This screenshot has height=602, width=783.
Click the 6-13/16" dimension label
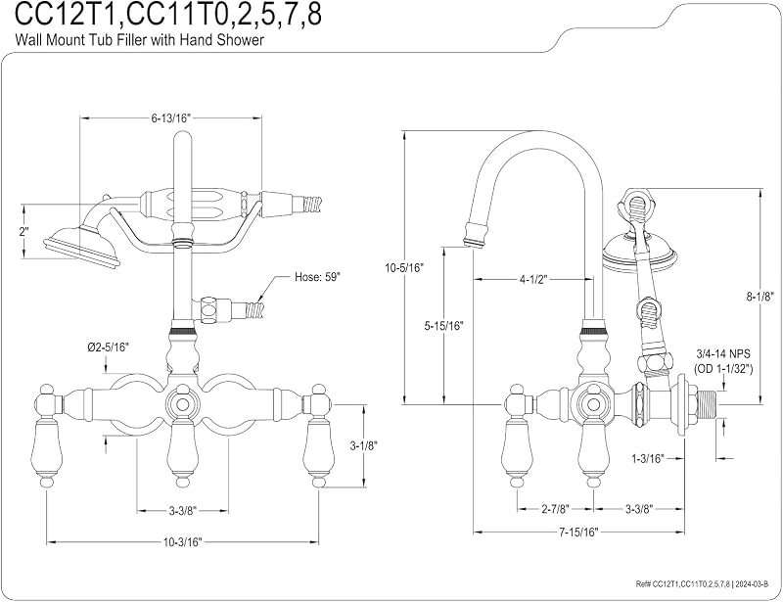point(171,117)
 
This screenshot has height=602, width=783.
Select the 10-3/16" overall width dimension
point(182,542)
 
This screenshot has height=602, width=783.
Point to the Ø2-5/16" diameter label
point(109,347)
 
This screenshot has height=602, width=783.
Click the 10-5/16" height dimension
point(404,267)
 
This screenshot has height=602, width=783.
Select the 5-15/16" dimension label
point(444,326)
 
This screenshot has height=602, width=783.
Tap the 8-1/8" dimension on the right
point(760,297)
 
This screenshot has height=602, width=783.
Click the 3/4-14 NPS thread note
point(723,353)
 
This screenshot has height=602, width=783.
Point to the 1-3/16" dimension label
point(647,458)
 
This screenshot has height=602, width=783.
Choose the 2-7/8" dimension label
point(555,509)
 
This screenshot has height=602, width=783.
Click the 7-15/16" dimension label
point(578,533)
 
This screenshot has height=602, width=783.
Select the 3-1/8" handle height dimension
point(363,444)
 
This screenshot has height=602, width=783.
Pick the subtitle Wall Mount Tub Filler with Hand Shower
point(139,39)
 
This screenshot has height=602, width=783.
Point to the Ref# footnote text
point(705,583)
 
